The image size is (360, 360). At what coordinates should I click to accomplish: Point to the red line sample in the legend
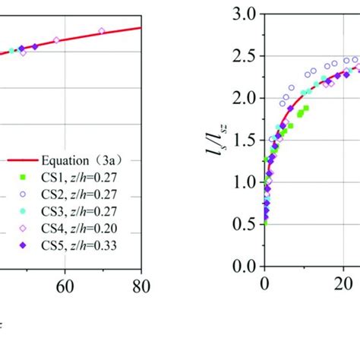(x=23, y=159)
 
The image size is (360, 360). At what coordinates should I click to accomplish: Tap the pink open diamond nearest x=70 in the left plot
(x=102, y=31)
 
